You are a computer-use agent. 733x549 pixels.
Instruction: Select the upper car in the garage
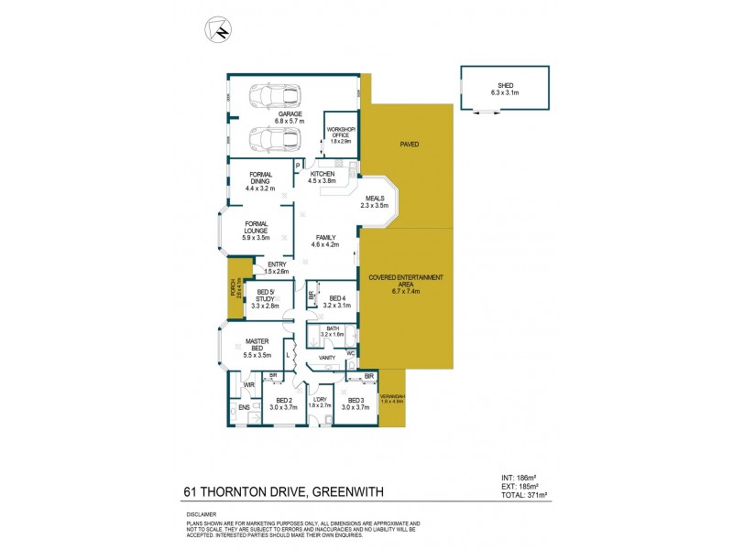click(x=275, y=95)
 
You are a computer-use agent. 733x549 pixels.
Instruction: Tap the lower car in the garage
click(x=275, y=140)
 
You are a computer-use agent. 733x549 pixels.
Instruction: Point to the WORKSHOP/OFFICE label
click(x=341, y=134)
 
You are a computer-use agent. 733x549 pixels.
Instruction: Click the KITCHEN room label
click(x=322, y=174)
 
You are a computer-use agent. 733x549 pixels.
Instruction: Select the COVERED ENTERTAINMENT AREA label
click(x=405, y=280)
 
